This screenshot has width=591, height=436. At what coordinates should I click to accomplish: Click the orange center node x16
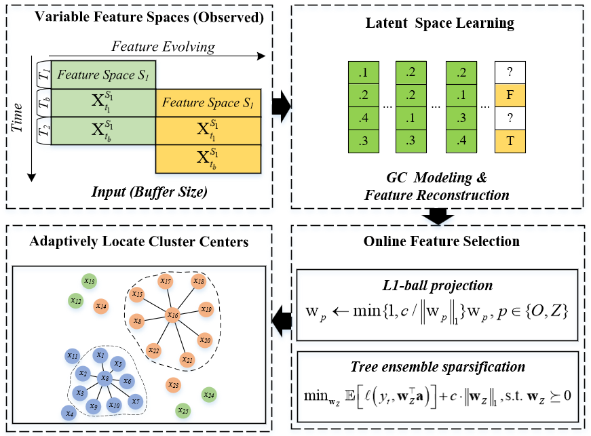(x=172, y=315)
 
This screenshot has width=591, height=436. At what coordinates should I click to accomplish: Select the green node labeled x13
(x=89, y=281)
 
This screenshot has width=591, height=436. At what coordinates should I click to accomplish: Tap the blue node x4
(x=68, y=412)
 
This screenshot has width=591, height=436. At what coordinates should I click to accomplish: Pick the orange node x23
(x=173, y=385)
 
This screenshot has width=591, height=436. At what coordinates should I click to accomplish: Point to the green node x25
(x=182, y=410)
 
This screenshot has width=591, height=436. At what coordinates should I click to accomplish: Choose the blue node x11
(x=73, y=356)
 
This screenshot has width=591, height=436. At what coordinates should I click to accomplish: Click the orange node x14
(x=100, y=306)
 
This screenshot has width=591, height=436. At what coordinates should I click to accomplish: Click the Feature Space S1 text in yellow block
(x=208, y=103)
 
